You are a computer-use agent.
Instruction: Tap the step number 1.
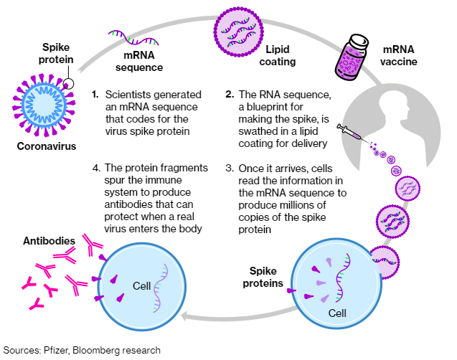tap(95, 94)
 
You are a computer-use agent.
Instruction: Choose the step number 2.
tap(230, 94)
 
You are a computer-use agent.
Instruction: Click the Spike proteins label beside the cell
tap(269, 277)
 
